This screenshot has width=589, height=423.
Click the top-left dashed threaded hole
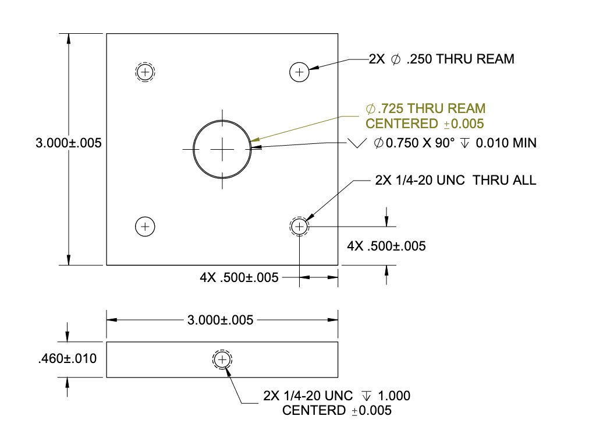(x=145, y=72)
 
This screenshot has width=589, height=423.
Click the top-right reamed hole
(x=299, y=72)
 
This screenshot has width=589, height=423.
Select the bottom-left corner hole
(x=145, y=225)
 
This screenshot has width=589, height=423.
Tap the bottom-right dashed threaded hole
(x=299, y=225)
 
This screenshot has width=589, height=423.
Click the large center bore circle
(x=222, y=149)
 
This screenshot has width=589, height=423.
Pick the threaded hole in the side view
(x=222, y=360)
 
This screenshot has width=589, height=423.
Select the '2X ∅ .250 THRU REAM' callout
(x=441, y=59)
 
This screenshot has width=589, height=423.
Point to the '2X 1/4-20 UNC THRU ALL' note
(x=456, y=181)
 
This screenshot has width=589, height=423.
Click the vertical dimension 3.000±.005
(x=69, y=143)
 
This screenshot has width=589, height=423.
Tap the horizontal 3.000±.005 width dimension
(x=222, y=320)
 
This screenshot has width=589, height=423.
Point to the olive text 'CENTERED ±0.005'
(x=425, y=124)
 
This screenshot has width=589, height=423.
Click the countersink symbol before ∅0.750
(x=356, y=143)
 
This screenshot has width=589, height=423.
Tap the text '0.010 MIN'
(x=506, y=143)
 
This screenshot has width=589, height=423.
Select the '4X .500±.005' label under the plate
(x=239, y=277)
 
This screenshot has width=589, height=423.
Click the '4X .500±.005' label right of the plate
(x=386, y=246)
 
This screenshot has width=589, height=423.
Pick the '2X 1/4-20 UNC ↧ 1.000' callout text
(x=336, y=396)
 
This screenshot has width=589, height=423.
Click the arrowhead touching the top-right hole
(x=313, y=68)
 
